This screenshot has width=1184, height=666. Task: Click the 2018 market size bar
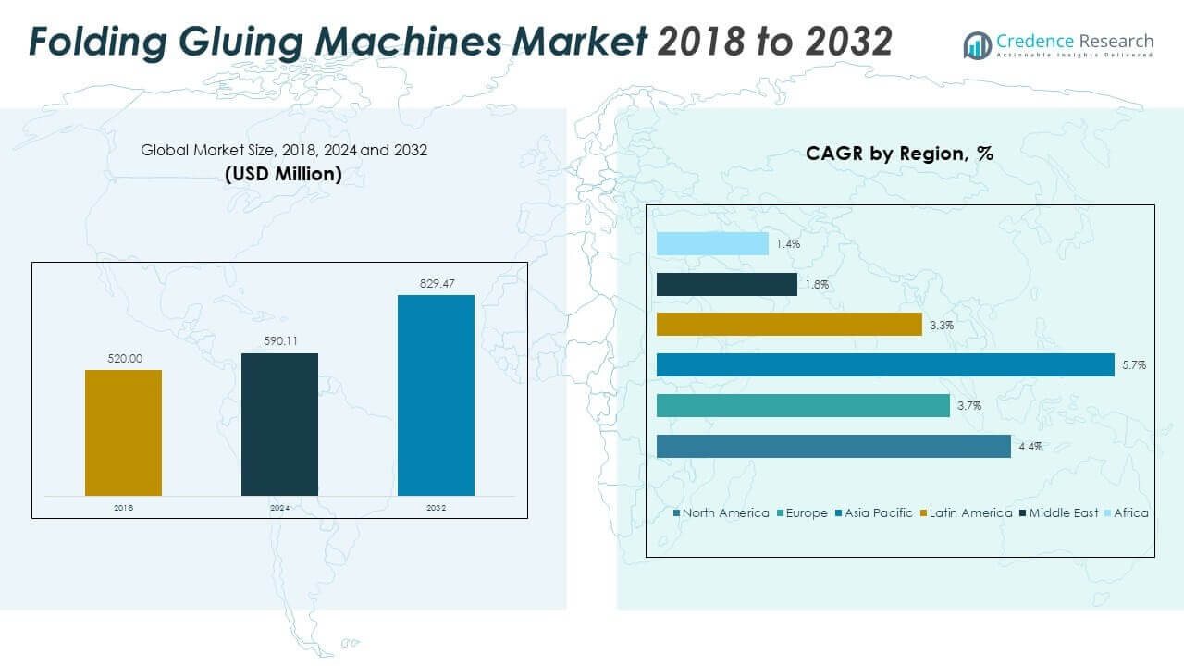tap(123, 433)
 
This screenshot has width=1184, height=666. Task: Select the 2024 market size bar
tap(279, 425)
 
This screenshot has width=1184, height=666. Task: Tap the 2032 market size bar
tap(436, 395)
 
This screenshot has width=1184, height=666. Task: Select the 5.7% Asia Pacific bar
tap(885, 365)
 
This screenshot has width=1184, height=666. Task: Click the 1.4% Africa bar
tap(712, 243)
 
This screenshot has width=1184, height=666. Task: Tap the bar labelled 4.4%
tap(833, 446)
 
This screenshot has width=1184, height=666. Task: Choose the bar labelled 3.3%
tap(789, 325)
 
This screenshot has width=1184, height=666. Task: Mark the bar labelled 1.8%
tap(726, 284)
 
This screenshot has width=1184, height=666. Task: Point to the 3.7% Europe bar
tap(803, 406)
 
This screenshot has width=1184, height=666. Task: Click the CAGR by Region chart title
tap(899, 154)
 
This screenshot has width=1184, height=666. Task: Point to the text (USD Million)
tap(283, 173)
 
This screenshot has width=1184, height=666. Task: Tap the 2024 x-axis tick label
tap(279, 508)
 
